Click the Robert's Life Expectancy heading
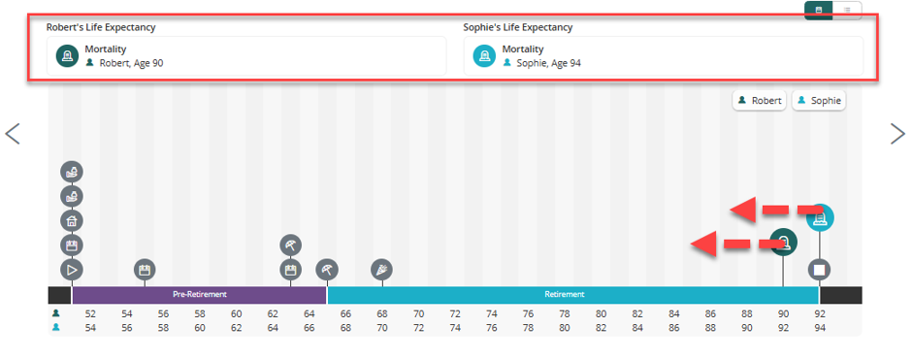[x=101, y=27]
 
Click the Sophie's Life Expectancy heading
[x=518, y=27]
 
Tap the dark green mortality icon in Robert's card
[x=68, y=56]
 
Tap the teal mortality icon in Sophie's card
[x=484, y=56]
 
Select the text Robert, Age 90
[x=131, y=63]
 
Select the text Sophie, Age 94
[x=548, y=63]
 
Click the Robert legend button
[x=760, y=101]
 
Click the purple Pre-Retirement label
[x=200, y=294]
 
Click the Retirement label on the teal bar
[x=565, y=294]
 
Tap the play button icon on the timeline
[x=72, y=270]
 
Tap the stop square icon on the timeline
[x=820, y=270]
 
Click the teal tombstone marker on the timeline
[x=820, y=218]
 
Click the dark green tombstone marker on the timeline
[x=784, y=242]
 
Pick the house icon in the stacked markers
[x=72, y=221]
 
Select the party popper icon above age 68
[x=382, y=270]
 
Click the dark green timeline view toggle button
[x=818, y=11]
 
